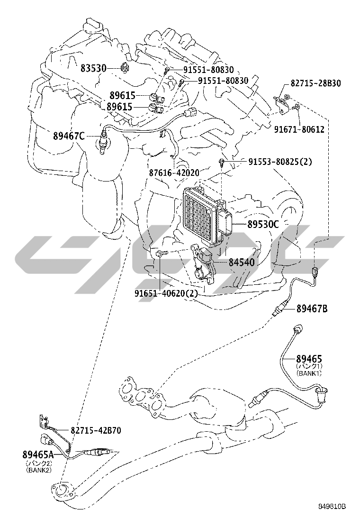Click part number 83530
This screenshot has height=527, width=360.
coord(92,68)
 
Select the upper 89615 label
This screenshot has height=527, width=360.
coord(119,95)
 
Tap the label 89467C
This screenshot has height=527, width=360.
coord(69,136)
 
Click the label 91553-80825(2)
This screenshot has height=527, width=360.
coord(280,162)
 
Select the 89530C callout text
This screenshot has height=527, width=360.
coord(263,225)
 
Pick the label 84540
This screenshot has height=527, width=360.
coord(242,261)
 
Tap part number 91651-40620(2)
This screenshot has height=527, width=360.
coord(166,293)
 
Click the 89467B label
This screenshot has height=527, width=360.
coord(312,309)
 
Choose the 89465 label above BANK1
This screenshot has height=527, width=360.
coord(309,359)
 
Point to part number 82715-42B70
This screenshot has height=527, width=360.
coord(96,431)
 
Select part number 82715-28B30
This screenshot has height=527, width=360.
coord(316,83)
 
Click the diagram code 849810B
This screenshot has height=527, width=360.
coord(331,506)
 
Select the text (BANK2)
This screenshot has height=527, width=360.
coord(39,470)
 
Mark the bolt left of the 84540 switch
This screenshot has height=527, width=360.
coord(160,254)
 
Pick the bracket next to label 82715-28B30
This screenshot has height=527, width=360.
coord(283,103)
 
